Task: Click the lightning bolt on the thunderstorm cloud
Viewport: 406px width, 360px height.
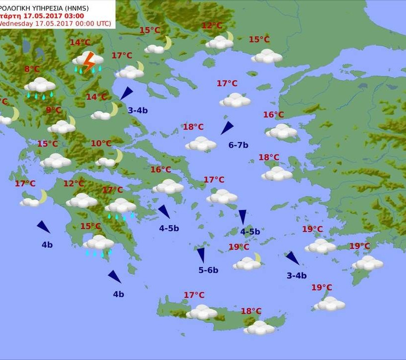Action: [89, 62]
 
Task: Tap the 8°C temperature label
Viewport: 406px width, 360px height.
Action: [32, 69]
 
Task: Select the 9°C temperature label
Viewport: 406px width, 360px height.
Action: [53, 110]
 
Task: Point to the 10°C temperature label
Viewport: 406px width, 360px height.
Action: [101, 144]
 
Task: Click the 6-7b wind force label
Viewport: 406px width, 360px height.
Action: [238, 145]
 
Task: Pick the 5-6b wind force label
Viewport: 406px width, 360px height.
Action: [208, 270]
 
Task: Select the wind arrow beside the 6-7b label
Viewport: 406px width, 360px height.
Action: [227, 128]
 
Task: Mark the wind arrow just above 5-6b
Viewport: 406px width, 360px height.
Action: [201, 255]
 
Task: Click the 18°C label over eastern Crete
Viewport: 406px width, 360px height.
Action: [251, 311]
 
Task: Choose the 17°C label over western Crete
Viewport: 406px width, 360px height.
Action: [194, 295]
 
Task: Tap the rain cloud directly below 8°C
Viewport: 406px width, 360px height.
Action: [40, 85]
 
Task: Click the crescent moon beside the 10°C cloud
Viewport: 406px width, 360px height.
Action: [118, 156]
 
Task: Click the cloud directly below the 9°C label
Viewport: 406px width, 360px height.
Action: [61, 127]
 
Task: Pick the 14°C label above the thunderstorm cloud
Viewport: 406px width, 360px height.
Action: [80, 43]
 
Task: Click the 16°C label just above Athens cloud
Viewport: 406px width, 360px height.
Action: [161, 170]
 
